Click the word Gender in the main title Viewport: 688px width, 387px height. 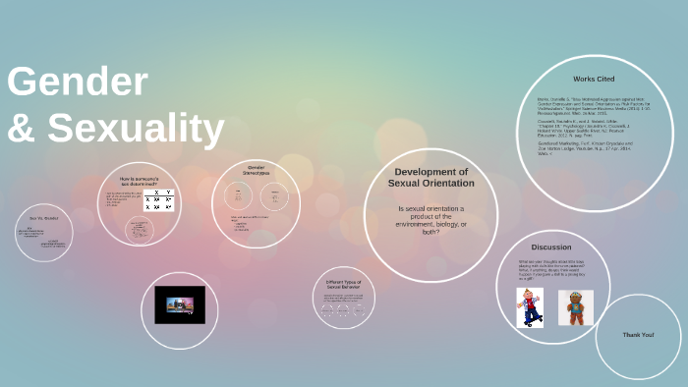pos(78,83)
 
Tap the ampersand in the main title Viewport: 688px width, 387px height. pos(23,129)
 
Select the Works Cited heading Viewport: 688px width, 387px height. pos(594,79)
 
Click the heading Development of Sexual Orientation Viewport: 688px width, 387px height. pos(430,177)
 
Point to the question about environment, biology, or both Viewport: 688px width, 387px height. pos(430,220)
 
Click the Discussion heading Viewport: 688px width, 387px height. pos(551,247)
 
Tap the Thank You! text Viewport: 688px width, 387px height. pos(638,335)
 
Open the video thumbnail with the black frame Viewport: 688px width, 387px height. pos(180,304)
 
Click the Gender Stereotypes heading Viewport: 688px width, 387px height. pos(257,170)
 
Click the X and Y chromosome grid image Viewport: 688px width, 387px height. pos(158,199)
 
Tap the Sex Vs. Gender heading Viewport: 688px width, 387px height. pos(44,218)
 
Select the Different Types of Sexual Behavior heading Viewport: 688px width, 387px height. pos(344,285)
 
